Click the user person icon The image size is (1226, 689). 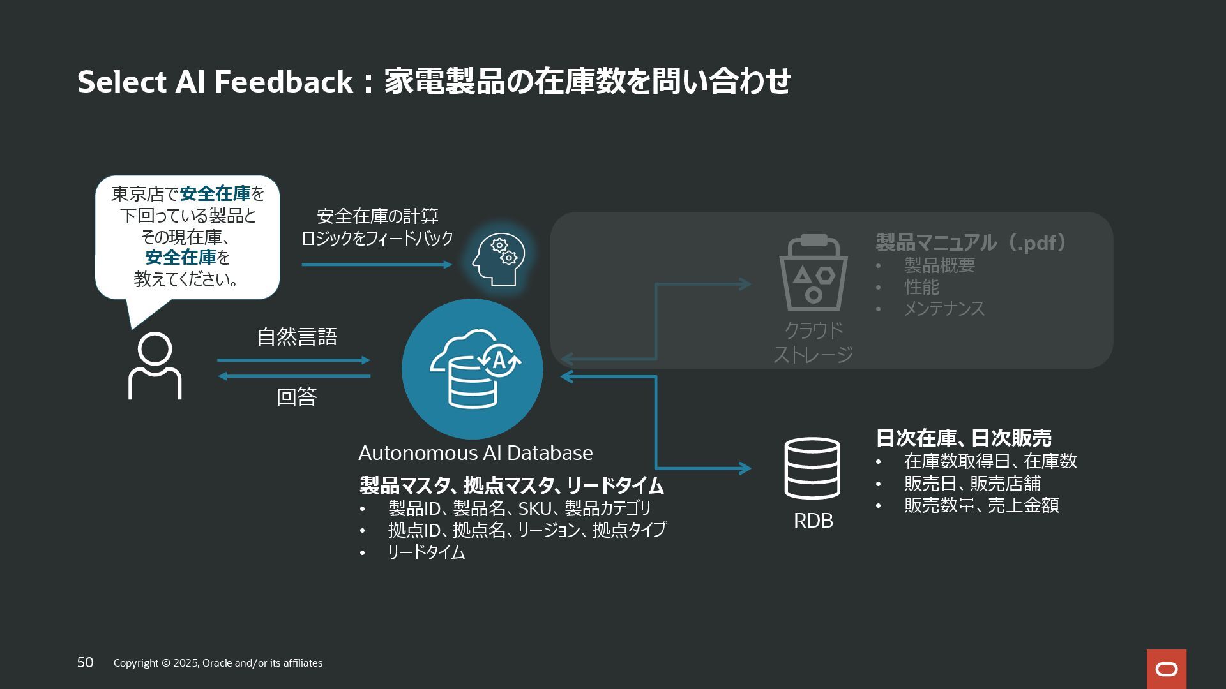tap(155, 366)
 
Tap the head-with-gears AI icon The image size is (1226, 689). tap(499, 260)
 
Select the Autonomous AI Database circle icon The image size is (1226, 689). tap(473, 369)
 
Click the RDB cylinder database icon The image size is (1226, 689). tap(812, 468)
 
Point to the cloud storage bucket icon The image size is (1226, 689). tap(813, 273)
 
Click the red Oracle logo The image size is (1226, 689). tap(1166, 669)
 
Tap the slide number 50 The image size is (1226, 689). tap(85, 662)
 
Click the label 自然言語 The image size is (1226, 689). tap(297, 337)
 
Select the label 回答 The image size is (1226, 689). tap(297, 397)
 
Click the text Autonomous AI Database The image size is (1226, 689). tap(475, 453)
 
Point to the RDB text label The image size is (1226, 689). tap(813, 521)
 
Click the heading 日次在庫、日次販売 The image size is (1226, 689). tap(963, 438)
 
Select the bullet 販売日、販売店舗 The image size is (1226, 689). tap(972, 484)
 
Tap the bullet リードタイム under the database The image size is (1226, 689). tap(426, 552)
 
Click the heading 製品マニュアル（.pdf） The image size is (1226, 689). tap(970, 242)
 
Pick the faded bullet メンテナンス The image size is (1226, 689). tap(944, 309)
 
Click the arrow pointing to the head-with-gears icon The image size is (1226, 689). tap(377, 264)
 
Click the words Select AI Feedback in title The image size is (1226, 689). tap(215, 82)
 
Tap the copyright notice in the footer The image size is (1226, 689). tap(218, 663)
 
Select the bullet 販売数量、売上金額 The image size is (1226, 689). tap(981, 505)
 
